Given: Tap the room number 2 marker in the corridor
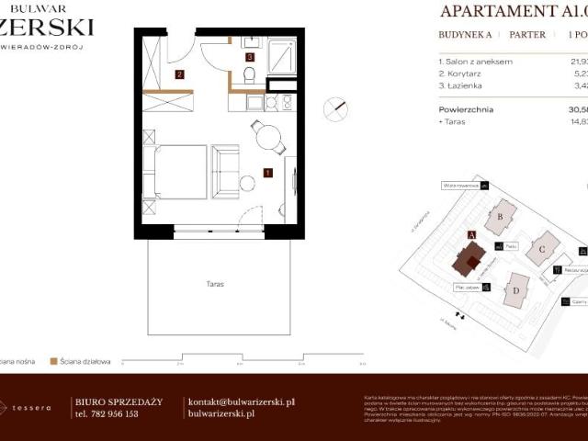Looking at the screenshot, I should coord(180,75).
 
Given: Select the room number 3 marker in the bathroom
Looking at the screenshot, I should coord(250,58).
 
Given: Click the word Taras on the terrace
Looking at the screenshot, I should coord(216,284).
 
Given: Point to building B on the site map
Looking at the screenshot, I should coord(501,217).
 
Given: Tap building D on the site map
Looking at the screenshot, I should coord(517,290).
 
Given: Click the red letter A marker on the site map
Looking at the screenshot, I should coord(471,235).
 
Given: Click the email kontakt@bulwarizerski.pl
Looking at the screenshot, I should coord(241,401).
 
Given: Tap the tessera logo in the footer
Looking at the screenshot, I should coord(28,408).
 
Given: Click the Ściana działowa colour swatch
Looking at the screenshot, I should coord(54,361).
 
